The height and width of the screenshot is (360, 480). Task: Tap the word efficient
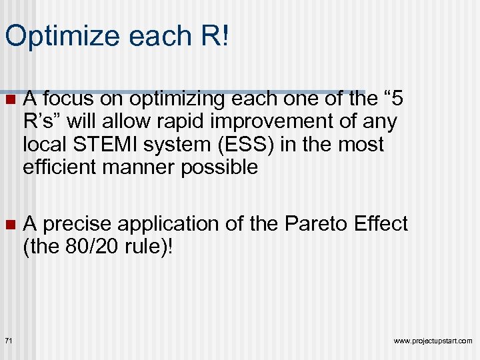(x=61, y=166)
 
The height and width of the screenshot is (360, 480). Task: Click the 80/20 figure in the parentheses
(x=90, y=247)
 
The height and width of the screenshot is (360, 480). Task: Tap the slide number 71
(x=8, y=341)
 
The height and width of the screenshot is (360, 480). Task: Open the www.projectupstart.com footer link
(x=433, y=341)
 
